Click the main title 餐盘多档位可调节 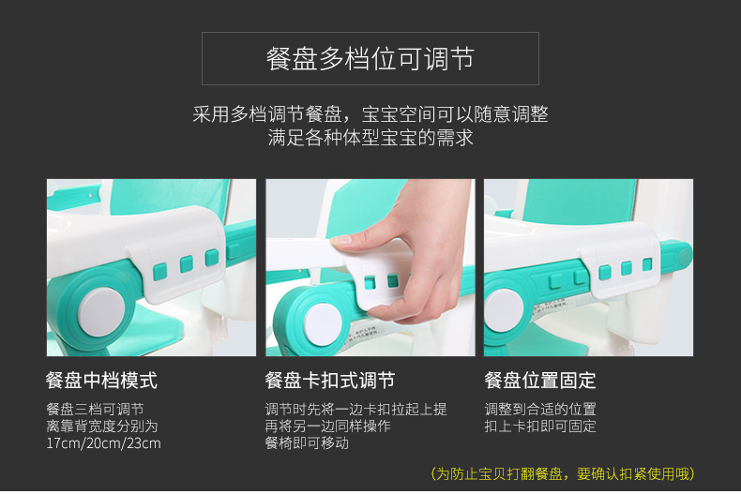coord(370,58)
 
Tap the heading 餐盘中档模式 coord(101,381)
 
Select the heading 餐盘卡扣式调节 coord(330,381)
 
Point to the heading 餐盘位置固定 coord(540,381)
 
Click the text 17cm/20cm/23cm coord(103,443)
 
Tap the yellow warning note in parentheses coord(563,473)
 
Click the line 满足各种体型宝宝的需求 coord(370,138)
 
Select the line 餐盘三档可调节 coord(95,409)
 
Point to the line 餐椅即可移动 coord(307,443)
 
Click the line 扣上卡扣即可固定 coord(540,426)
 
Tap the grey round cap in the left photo coord(101,312)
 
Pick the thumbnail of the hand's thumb coord(341,239)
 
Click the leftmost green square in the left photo coord(160,272)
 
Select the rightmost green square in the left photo coord(212,258)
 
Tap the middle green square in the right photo coord(627,268)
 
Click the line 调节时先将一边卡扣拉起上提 coord(355,409)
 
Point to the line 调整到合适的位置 coord(540,409)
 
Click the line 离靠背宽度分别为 coord(102,426)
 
